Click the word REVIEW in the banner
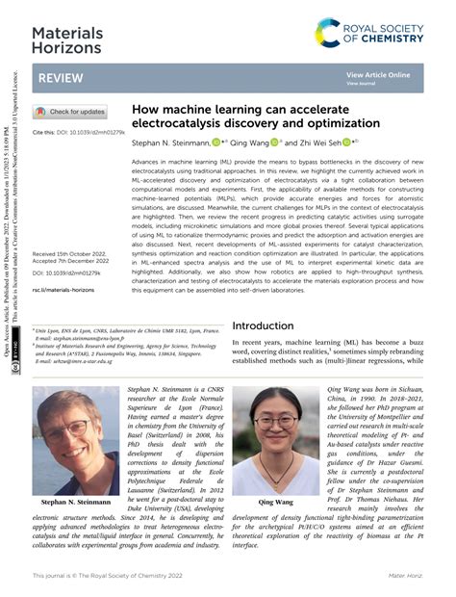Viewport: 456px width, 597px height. (x=57, y=78)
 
